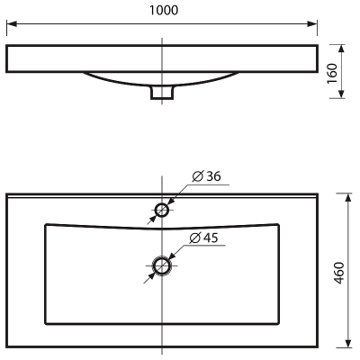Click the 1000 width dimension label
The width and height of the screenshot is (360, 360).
click(164, 11)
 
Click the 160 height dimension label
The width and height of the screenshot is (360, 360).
click(332, 74)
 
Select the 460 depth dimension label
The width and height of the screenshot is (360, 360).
click(338, 273)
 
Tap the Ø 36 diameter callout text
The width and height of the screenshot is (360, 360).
click(206, 176)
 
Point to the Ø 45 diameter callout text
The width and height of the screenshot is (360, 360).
click(204, 238)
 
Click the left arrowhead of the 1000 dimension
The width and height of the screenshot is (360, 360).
click(12, 24)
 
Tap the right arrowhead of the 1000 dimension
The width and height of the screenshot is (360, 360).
click(312, 24)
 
